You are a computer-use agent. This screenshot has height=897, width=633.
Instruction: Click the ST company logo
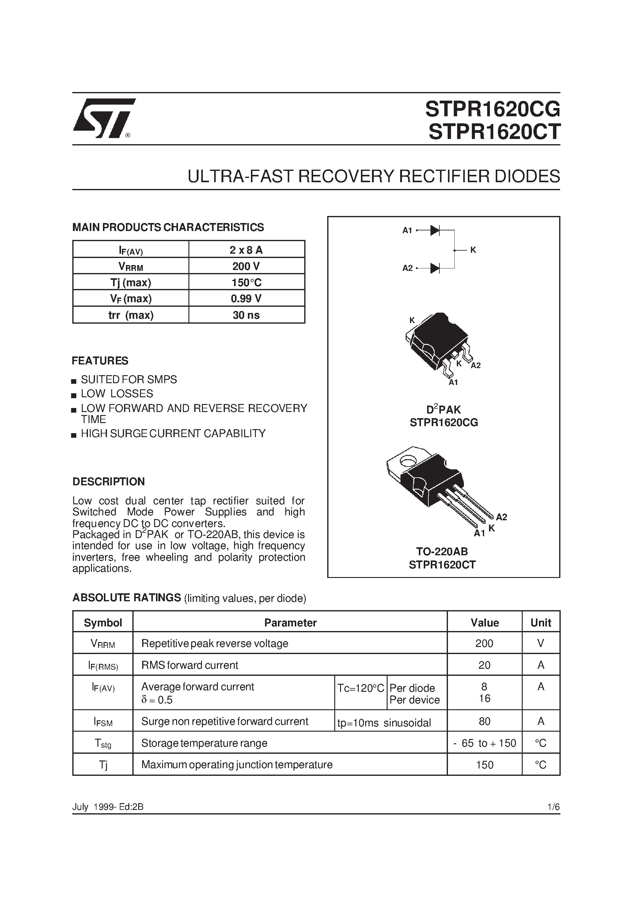(104, 118)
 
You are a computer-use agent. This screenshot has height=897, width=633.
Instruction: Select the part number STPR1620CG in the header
(492, 109)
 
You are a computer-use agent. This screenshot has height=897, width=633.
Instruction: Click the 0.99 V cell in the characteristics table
(246, 298)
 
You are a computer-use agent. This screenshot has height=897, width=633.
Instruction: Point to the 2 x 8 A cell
(246, 250)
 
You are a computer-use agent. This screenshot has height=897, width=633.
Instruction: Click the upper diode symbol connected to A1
(435, 230)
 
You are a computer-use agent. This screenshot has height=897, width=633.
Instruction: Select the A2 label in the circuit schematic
(407, 268)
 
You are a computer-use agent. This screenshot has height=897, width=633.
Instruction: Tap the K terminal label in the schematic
(473, 250)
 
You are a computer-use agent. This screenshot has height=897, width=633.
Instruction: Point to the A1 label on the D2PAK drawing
(453, 383)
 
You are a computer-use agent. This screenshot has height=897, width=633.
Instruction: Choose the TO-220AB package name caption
(442, 552)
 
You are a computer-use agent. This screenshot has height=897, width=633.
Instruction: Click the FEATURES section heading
(100, 360)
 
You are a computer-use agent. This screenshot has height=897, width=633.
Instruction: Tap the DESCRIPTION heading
(108, 481)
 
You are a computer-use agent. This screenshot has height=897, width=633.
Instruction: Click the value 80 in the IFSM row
(484, 721)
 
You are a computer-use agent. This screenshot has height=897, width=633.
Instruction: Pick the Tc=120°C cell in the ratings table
(361, 688)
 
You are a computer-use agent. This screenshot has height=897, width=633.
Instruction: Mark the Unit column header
(540, 623)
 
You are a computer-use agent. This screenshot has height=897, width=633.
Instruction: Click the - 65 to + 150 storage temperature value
(484, 743)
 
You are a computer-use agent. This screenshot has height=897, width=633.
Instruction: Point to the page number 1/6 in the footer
(553, 807)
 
